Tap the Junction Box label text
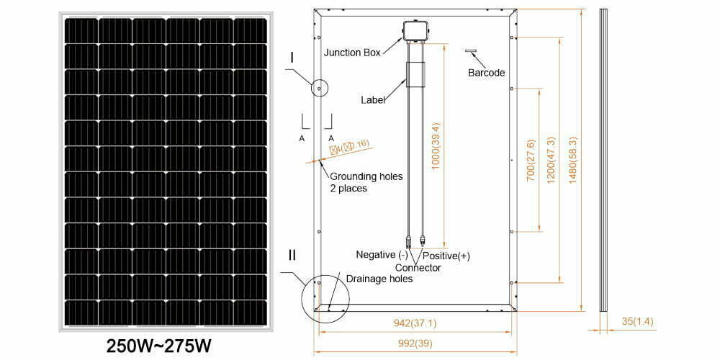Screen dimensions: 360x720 pos(352,53)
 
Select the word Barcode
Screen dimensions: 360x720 pos(486,73)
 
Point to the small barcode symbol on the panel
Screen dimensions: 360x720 pos(472,52)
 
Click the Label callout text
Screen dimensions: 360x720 pos(373,100)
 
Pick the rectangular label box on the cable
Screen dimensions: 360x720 pos(415,74)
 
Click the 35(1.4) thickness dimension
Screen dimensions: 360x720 pos(632,323)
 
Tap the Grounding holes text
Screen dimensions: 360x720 pos(366,176)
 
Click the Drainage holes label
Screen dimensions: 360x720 pos(379,279)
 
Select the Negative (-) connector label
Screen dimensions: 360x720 pos(382,255)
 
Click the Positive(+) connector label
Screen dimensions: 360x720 pos(446,256)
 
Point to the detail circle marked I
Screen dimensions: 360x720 pos(318,88)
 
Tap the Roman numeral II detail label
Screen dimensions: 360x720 pos(292,254)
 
